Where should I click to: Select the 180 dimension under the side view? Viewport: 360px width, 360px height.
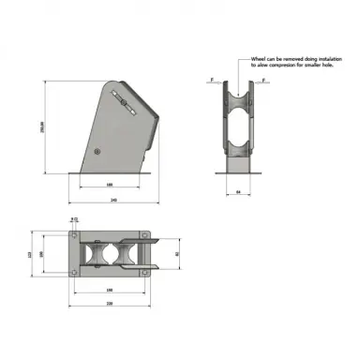(109, 184)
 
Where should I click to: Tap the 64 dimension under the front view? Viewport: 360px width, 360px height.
(238, 192)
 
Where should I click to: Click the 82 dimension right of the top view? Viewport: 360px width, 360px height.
(178, 252)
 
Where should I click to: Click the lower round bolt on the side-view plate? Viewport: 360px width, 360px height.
(104, 149)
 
